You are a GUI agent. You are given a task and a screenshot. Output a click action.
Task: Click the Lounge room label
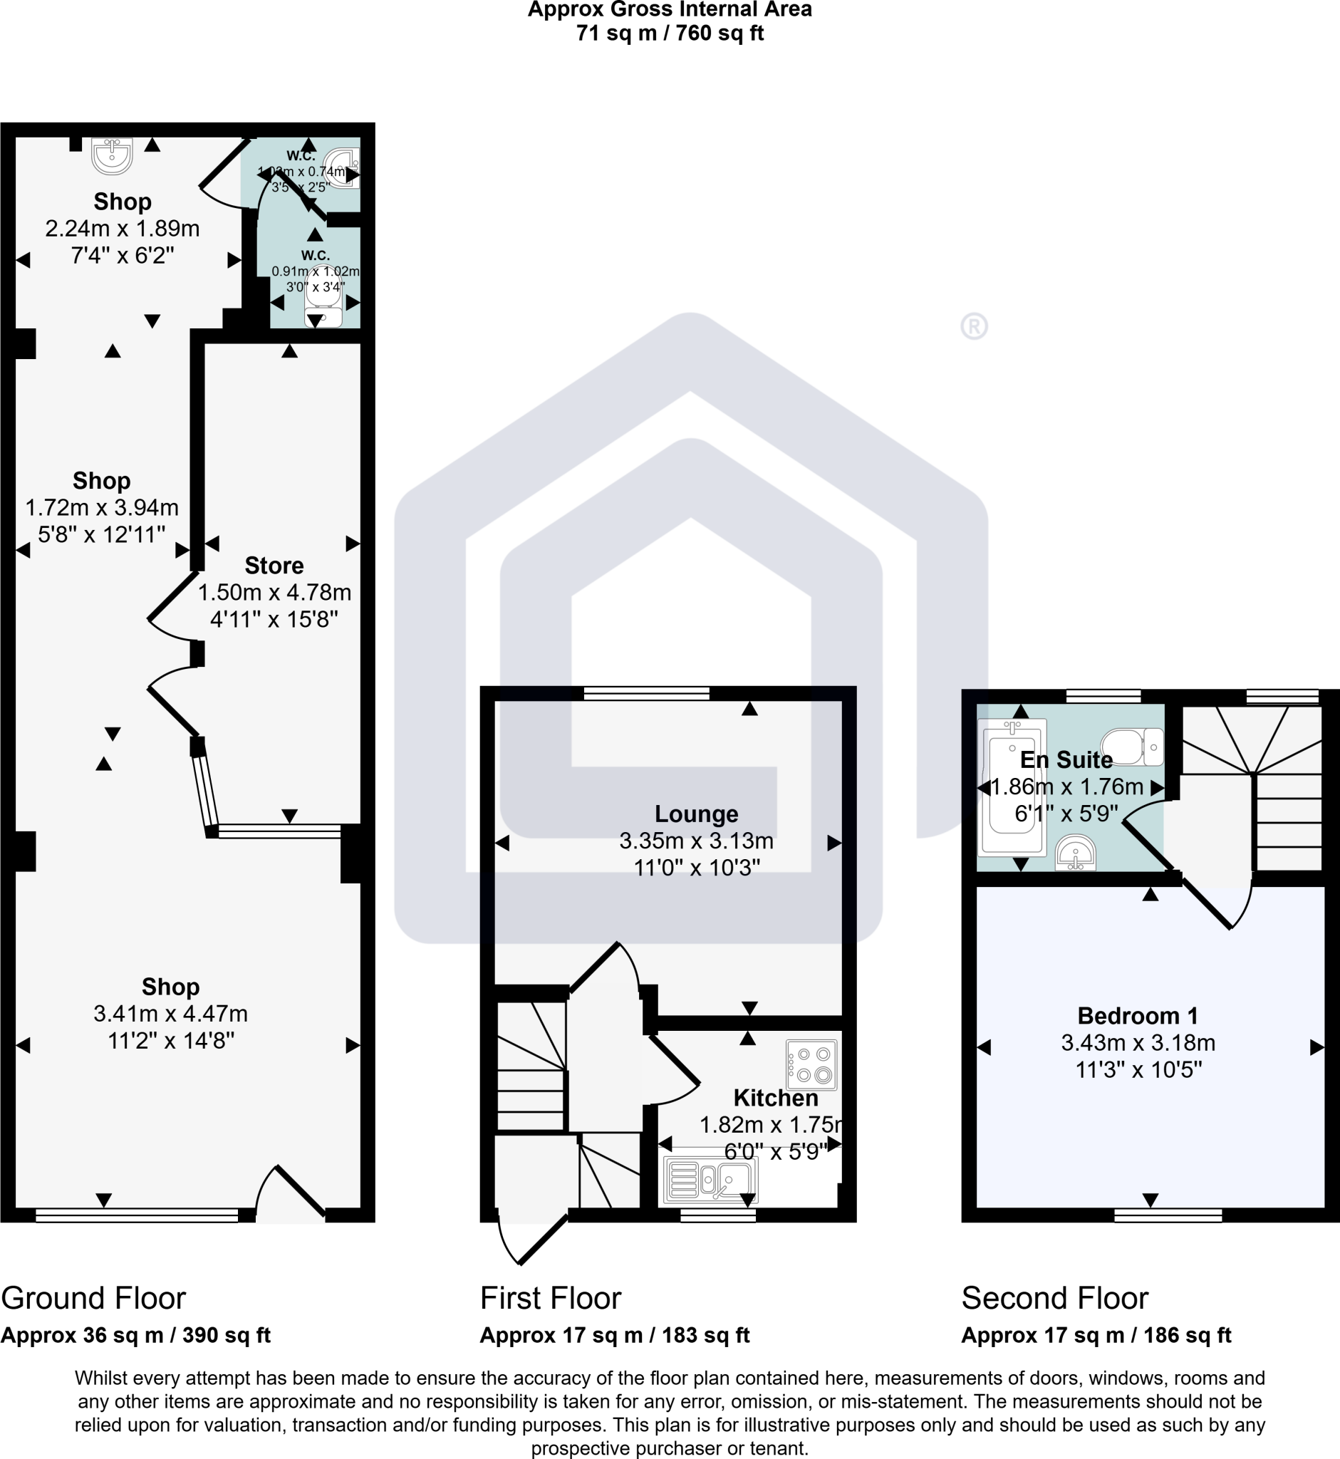click(x=696, y=814)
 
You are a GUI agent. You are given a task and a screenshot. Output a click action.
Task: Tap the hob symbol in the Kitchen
click(x=811, y=1065)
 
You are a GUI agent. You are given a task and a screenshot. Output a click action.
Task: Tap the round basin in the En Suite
click(x=1075, y=853)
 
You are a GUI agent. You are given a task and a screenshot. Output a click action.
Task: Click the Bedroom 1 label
click(x=1137, y=1015)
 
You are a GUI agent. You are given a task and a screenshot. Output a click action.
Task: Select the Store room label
click(x=274, y=565)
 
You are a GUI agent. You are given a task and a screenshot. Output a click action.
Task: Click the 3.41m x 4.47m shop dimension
click(x=170, y=1013)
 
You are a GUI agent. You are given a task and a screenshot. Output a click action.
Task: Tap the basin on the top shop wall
click(x=113, y=155)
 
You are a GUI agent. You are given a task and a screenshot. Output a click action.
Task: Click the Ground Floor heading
click(x=93, y=1298)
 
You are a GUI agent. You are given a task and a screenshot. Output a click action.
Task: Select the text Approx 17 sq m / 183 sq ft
click(x=614, y=1335)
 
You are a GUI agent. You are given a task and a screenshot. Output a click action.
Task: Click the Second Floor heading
click(x=1054, y=1298)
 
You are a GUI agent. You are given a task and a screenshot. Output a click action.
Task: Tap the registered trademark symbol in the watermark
click(x=974, y=326)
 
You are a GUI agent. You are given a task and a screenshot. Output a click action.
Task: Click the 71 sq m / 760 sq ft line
click(x=669, y=33)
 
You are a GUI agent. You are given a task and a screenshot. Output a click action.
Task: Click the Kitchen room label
click(x=775, y=1097)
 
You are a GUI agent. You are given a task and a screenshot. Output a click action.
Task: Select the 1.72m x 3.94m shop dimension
click(x=103, y=507)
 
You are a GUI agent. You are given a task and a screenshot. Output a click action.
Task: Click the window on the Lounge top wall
click(x=646, y=693)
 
